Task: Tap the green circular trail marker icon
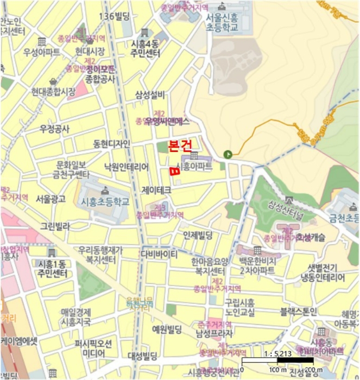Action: click(x=230, y=154)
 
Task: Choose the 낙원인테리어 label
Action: click(x=126, y=168)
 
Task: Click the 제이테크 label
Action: click(x=156, y=191)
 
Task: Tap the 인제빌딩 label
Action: click(x=198, y=235)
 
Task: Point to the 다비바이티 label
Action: click(x=159, y=254)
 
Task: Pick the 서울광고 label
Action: click(x=50, y=199)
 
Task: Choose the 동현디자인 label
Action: click(x=111, y=144)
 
